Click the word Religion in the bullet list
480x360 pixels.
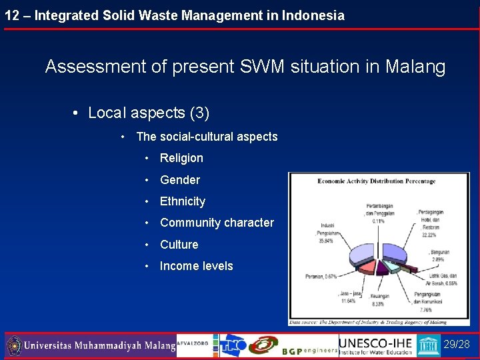(181, 158)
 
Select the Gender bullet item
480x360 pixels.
(180, 180)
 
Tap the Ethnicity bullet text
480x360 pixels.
(183, 201)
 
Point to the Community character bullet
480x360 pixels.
(217, 223)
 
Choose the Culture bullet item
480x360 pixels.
(179, 245)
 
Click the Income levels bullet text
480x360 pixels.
(197, 266)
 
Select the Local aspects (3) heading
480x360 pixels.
(149, 113)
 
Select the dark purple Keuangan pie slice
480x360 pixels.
(383, 269)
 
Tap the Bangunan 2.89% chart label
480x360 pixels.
(439, 255)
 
